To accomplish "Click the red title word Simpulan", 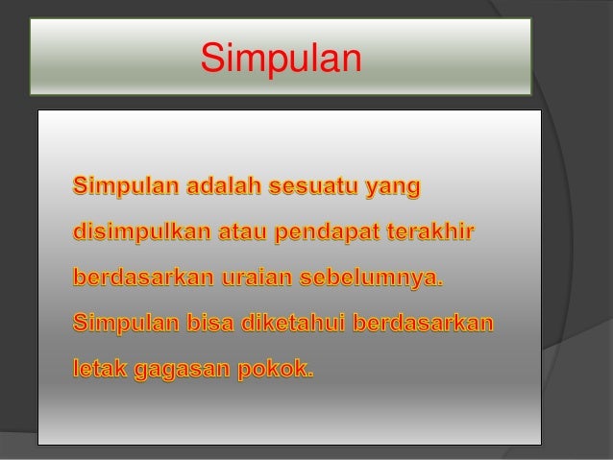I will [x=281, y=57].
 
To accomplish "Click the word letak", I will [x=99, y=367].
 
